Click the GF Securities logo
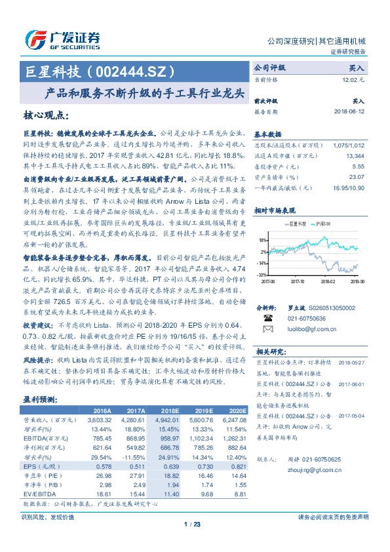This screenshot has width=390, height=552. [62, 39]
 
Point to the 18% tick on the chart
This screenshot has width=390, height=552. [262, 240]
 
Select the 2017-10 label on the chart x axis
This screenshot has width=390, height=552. [298, 282]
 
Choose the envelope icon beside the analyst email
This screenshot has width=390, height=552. [267, 327]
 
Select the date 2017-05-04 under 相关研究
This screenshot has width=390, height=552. [352, 415]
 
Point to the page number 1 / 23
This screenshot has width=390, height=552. [195, 523]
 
